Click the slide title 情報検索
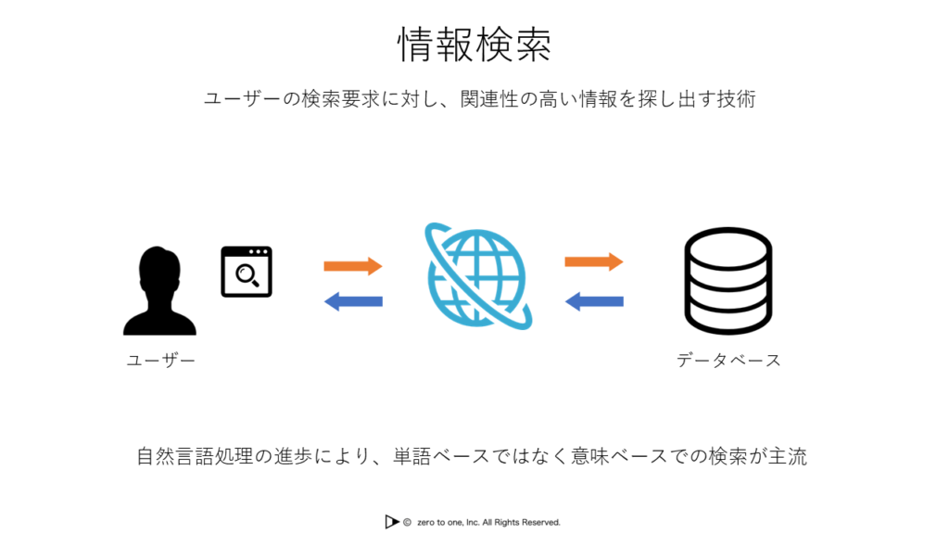coord(474,44)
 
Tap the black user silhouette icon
coord(159,290)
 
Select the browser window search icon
coord(247,272)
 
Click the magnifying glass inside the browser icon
coord(247,275)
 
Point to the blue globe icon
coord(478,276)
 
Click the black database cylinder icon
coord(728,280)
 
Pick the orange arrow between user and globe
coord(353,266)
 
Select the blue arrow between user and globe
coord(353,301)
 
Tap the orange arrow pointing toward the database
coord(594,261)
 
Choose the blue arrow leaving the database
coord(594,301)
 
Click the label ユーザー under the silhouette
coord(161,361)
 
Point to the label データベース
coord(728,361)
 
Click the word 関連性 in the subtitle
coord(489,98)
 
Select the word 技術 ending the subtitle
coord(736,98)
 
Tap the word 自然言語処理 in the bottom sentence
coord(195,456)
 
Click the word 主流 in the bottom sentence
coord(788,456)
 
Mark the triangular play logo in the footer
coord(392,521)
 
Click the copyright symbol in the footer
coord(408,522)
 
